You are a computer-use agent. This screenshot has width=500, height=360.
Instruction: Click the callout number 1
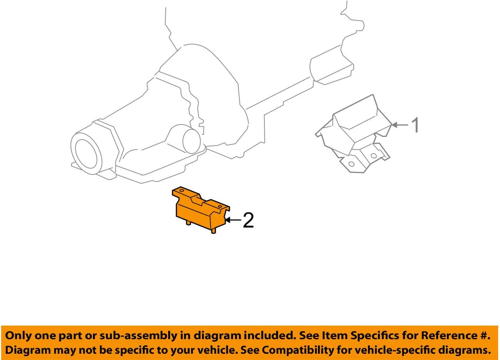(415, 125)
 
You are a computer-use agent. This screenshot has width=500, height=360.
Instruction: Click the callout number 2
(248, 220)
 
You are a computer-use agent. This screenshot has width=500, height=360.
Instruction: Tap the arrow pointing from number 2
(233, 220)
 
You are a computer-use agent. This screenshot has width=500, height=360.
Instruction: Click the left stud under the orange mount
(188, 223)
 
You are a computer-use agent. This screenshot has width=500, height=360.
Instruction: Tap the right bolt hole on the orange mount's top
(220, 207)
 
